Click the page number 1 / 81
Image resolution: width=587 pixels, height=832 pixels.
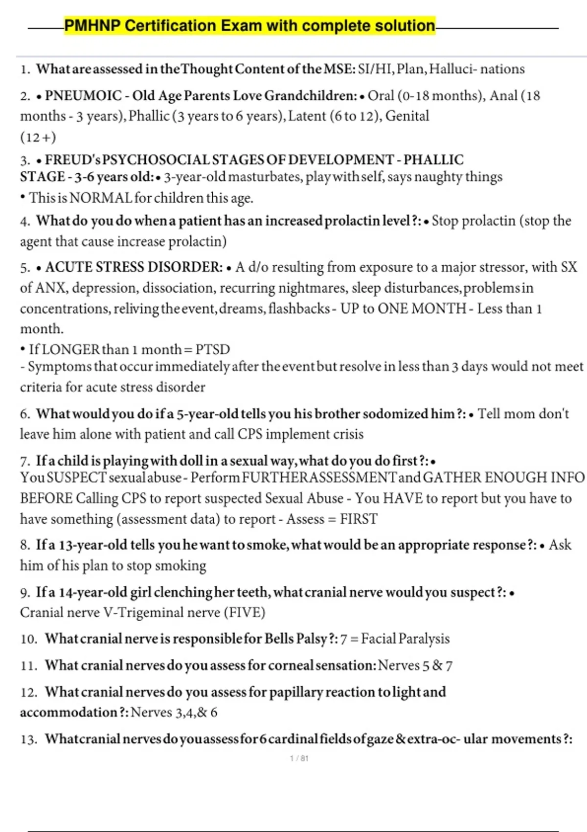tap(299, 758)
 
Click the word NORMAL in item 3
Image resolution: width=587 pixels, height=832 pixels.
tap(101, 198)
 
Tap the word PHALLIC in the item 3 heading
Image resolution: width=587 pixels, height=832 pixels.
tap(433, 160)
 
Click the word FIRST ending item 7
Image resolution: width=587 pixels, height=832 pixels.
tap(359, 519)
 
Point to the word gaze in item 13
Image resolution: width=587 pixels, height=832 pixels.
tap(380, 739)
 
